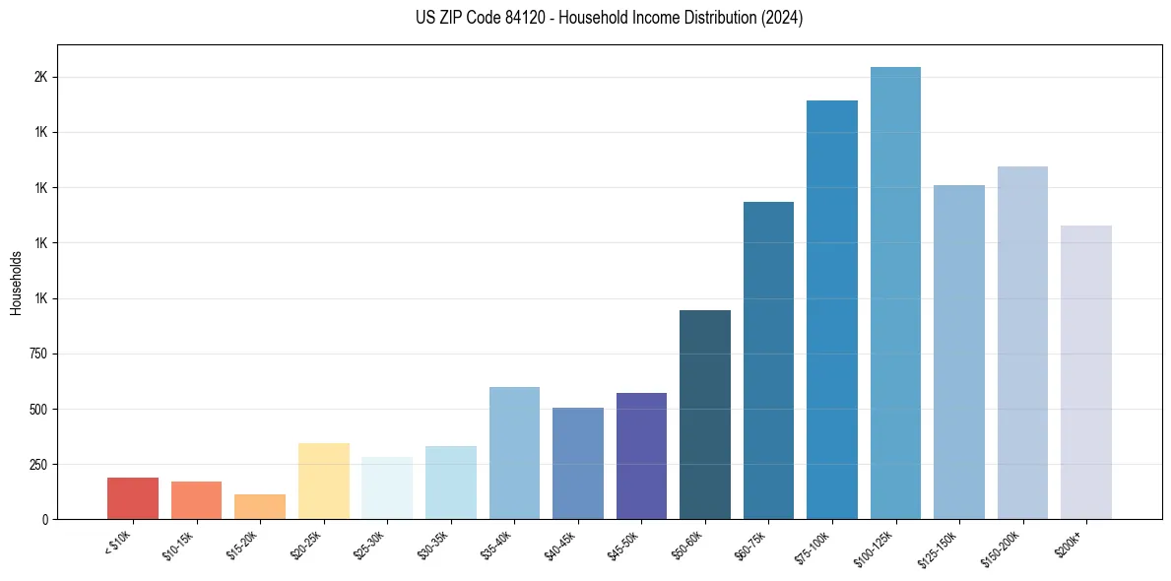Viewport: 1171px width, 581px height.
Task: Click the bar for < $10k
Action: [133, 498]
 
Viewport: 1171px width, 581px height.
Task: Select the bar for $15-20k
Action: [260, 506]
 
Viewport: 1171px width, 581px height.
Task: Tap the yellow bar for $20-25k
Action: [323, 481]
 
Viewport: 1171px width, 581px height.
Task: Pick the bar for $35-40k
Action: [514, 453]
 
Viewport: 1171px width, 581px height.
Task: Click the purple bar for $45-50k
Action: [641, 456]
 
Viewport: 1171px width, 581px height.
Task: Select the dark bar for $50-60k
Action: [705, 415]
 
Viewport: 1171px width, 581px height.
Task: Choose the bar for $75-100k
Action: [832, 309]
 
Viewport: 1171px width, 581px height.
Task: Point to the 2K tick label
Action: [41, 77]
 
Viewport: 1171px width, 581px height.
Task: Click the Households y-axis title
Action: [16, 283]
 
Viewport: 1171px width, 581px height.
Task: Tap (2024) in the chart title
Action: [783, 18]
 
